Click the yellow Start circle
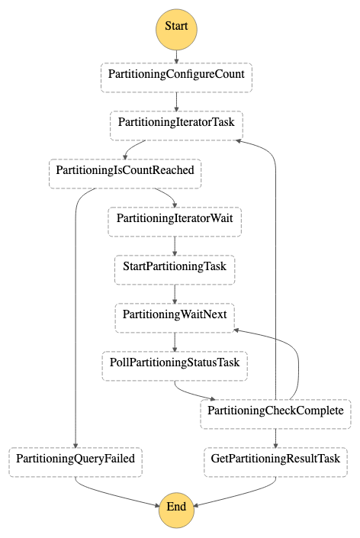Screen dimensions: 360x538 point(176,30)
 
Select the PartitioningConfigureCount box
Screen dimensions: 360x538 point(176,78)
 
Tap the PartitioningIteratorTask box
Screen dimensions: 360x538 point(176,126)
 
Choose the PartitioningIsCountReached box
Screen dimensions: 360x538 point(125,174)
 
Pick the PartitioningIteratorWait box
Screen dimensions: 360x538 point(175,221)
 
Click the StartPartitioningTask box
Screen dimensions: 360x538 point(175,269)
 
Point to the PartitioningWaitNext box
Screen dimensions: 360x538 point(175,317)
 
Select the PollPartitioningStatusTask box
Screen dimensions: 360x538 point(175,366)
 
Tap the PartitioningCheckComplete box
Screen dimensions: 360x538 point(275,414)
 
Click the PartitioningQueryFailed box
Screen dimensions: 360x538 point(76,462)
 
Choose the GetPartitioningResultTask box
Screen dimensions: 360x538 point(275,462)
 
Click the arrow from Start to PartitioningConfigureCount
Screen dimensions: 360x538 point(176,57)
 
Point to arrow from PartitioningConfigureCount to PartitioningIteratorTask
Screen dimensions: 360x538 point(176,102)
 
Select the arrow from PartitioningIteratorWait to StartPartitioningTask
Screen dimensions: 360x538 point(175,246)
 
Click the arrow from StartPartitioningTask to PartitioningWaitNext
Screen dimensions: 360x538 point(175,294)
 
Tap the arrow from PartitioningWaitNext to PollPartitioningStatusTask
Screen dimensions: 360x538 point(175,342)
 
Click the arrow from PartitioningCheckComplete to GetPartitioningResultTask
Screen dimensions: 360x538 point(275,438)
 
